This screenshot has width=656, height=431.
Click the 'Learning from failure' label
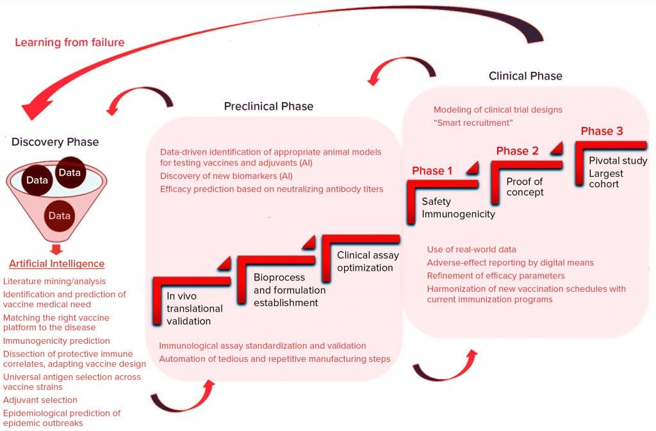[70, 42]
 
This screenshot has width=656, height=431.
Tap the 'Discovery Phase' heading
[55, 142]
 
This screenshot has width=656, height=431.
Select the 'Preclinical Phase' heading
[268, 106]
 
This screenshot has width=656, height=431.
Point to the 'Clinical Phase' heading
[525, 76]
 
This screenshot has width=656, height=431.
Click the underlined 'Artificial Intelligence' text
[56, 264]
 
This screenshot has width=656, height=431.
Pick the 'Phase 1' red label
[432, 171]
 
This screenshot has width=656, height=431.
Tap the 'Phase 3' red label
[602, 131]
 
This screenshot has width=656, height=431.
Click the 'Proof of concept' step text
[525, 187]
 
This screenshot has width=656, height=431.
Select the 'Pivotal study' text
[618, 161]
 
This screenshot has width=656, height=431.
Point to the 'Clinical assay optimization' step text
[368, 261]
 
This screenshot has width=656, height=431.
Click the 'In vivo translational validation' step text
[188, 308]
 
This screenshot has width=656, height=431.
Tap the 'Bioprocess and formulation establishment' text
[289, 290]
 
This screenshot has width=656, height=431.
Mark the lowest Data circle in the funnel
[60, 215]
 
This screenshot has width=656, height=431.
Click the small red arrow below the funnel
[56, 248]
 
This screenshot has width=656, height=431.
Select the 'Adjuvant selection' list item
[40, 400]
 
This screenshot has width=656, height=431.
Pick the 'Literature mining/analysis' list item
[54, 281]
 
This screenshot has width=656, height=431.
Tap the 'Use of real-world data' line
[471, 249]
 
